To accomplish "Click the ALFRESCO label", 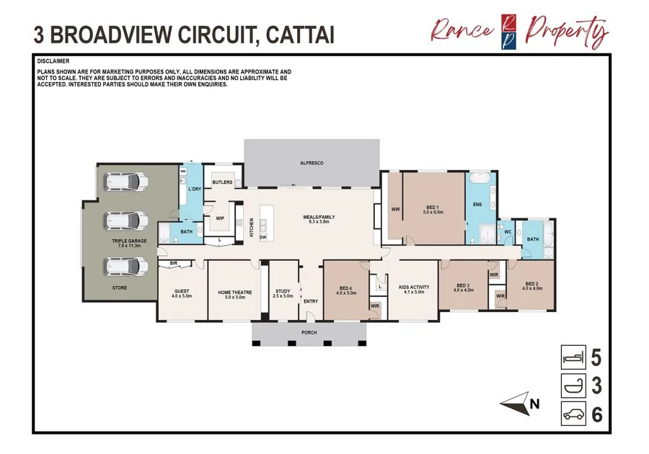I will click(x=312, y=164).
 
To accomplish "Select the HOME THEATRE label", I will click(x=235, y=292).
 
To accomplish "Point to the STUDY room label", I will click(x=283, y=292).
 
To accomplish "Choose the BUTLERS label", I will click(x=222, y=182).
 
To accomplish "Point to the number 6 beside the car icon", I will click(x=596, y=415).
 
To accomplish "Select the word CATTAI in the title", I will click(x=296, y=34).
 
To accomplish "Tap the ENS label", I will click(x=477, y=205).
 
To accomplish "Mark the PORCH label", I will click(x=309, y=333).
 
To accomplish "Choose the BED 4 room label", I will click(x=347, y=289).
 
